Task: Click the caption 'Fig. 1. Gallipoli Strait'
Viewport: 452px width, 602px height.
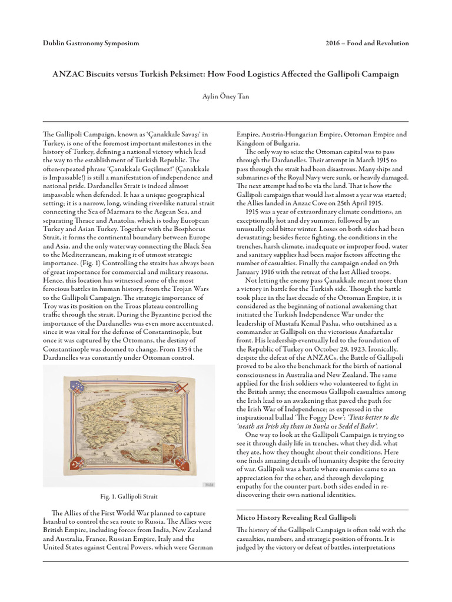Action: (x=129, y=497)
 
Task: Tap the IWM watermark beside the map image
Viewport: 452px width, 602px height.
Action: (x=208, y=484)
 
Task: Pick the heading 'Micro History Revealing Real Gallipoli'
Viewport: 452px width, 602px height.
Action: (x=296, y=517)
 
